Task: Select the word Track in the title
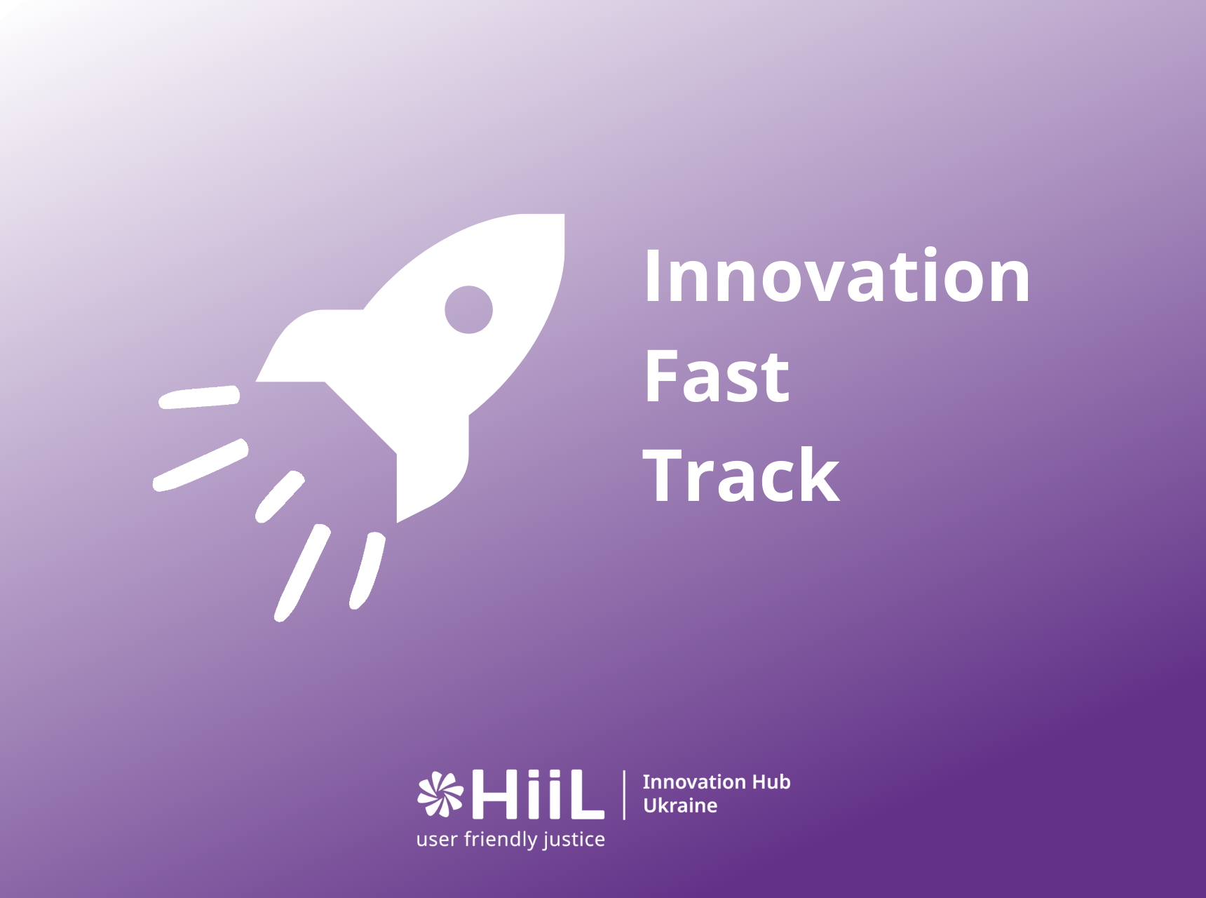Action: pos(741,475)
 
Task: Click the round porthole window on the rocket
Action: pos(468,309)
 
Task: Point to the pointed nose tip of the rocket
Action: pos(563,215)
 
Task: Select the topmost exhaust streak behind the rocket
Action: pos(199,397)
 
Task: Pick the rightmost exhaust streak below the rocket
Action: pos(367,570)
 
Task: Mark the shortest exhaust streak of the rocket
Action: pos(280,496)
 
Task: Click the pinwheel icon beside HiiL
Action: pos(440,794)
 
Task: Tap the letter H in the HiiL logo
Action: pos(496,795)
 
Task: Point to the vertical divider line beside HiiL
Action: pos(624,795)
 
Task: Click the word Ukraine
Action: pos(680,805)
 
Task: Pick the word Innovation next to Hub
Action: pos(694,782)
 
